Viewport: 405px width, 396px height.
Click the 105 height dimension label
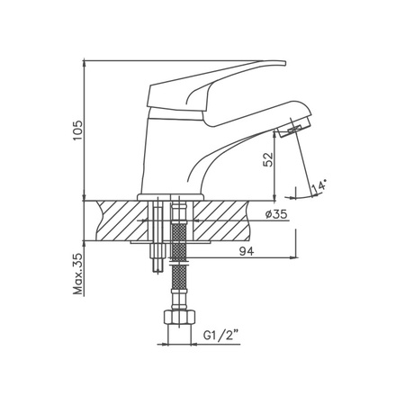click(77, 130)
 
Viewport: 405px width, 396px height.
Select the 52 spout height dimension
click(268, 159)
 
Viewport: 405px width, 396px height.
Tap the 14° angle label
click(319, 185)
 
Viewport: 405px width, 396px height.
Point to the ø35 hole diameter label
click(276, 214)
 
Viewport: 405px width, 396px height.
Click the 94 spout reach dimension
click(247, 251)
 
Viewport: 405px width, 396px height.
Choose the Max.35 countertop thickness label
click(77, 274)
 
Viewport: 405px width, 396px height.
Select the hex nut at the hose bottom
click(179, 318)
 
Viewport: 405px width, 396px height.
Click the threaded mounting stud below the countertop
click(158, 257)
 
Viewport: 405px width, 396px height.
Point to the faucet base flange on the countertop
click(170, 197)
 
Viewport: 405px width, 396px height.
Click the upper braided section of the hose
click(179, 239)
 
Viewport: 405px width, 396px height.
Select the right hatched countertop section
click(221, 220)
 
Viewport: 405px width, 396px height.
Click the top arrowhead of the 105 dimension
click(85, 62)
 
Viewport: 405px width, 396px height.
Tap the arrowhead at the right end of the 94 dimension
click(293, 257)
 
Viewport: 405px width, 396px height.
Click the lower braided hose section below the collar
click(179, 277)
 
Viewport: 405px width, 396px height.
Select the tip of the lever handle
click(285, 63)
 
